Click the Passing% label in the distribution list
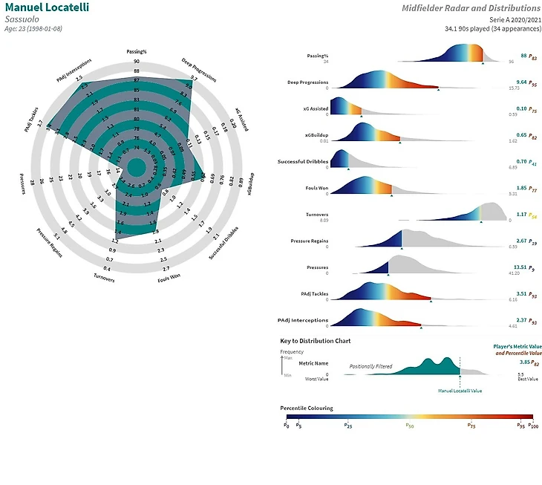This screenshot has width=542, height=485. (318, 56)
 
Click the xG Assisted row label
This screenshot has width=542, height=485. (315, 108)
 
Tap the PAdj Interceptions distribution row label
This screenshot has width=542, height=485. (303, 320)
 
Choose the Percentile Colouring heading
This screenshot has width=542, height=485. (307, 408)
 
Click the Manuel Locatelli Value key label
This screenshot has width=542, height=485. (460, 390)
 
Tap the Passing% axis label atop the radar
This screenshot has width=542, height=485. (136, 52)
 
